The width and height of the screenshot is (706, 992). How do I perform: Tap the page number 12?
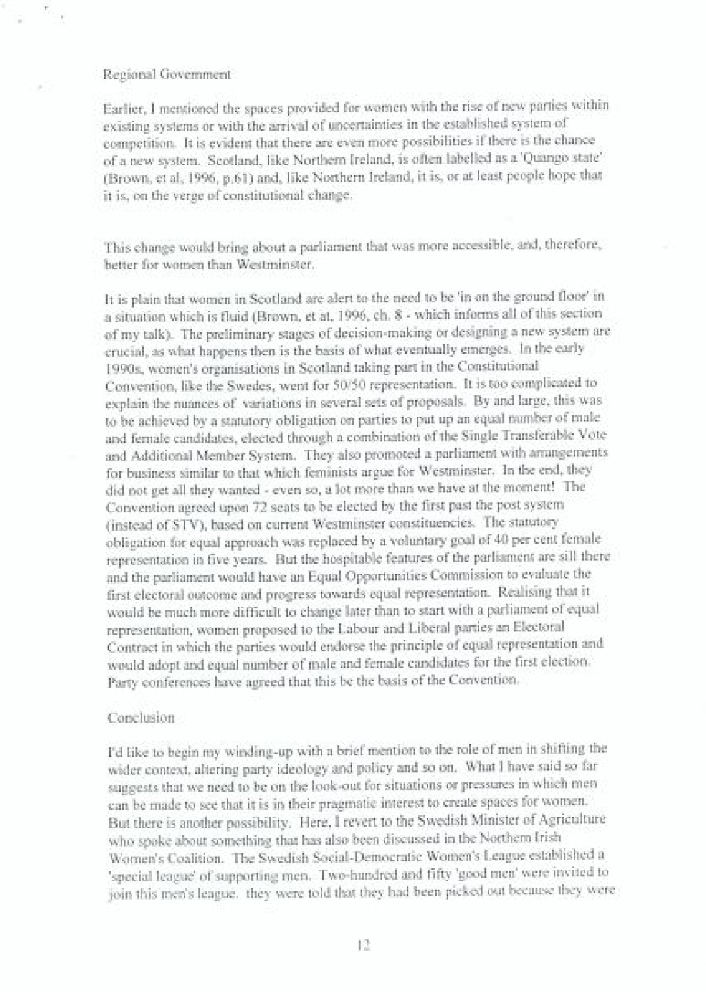click(363, 946)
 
